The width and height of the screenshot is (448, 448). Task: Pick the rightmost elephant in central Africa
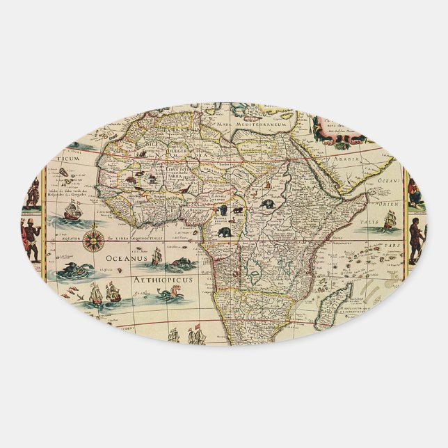[x=268, y=205]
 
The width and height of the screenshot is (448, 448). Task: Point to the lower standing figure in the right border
[x=415, y=238]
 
